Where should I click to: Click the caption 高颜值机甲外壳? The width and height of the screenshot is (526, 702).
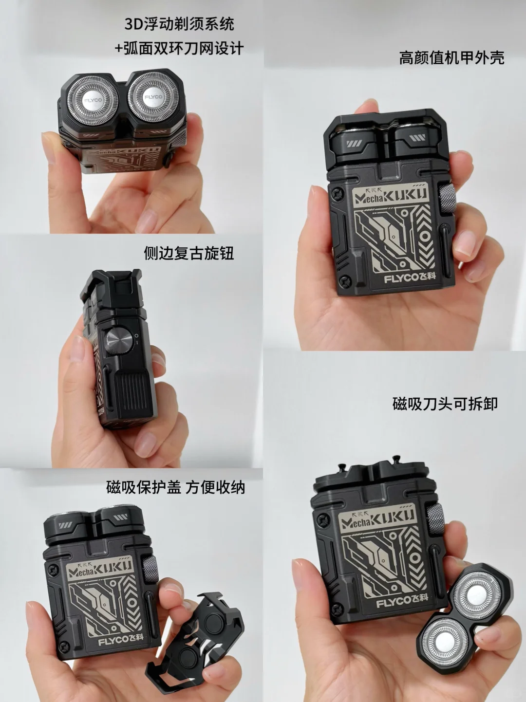[x=451, y=58]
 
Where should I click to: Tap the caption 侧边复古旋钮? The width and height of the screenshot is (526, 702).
[x=189, y=254]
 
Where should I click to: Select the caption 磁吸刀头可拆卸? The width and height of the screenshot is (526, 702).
[x=445, y=404]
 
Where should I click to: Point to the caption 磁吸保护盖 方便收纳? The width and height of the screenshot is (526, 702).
[x=176, y=487]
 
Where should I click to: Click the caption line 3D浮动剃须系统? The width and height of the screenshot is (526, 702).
[x=179, y=24]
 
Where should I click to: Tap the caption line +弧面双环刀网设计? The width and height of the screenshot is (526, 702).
[x=179, y=49]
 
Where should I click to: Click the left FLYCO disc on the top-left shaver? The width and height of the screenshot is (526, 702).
[x=93, y=100]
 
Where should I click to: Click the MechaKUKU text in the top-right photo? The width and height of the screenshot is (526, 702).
[x=390, y=194]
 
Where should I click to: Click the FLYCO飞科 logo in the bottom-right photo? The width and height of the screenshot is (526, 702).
[x=402, y=602]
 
